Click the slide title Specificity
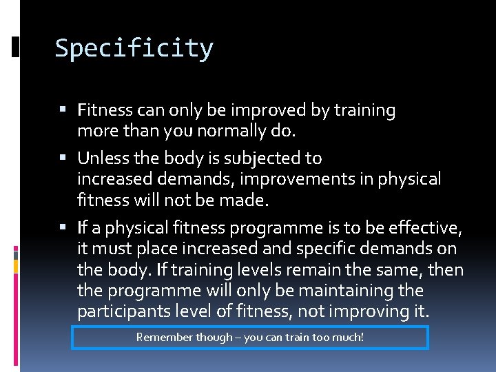[x=134, y=49]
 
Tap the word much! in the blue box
[x=348, y=338]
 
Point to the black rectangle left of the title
[x=16, y=47]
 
